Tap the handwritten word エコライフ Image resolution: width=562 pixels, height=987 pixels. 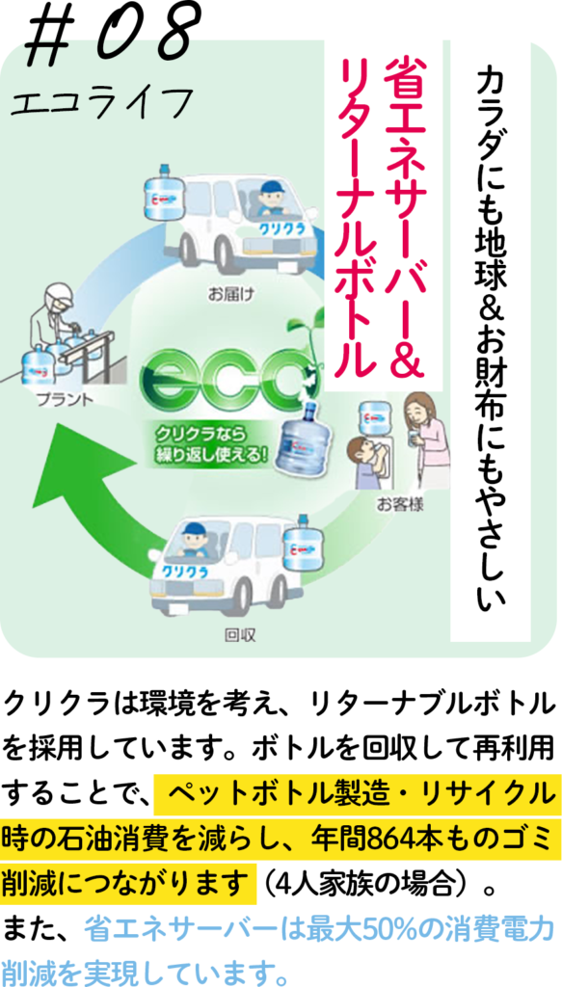[100, 100]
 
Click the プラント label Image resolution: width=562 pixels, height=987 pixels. [65, 399]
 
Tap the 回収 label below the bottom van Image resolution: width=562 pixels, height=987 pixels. [240, 635]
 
